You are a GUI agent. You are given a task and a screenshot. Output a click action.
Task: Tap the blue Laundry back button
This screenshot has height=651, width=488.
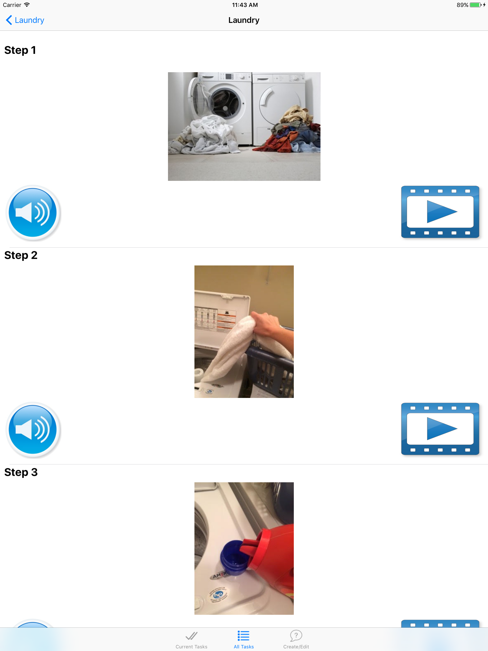(25, 20)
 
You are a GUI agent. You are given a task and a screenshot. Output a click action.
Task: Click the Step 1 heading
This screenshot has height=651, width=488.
(20, 50)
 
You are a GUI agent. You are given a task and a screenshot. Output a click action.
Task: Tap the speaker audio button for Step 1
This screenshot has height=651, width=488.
(33, 213)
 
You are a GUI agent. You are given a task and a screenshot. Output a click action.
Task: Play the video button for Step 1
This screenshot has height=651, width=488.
(440, 212)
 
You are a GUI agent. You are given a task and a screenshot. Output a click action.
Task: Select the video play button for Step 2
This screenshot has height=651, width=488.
(440, 429)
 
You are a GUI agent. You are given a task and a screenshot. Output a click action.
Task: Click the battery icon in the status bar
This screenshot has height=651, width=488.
(475, 5)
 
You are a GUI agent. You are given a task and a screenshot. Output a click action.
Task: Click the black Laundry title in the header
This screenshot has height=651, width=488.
(244, 20)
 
